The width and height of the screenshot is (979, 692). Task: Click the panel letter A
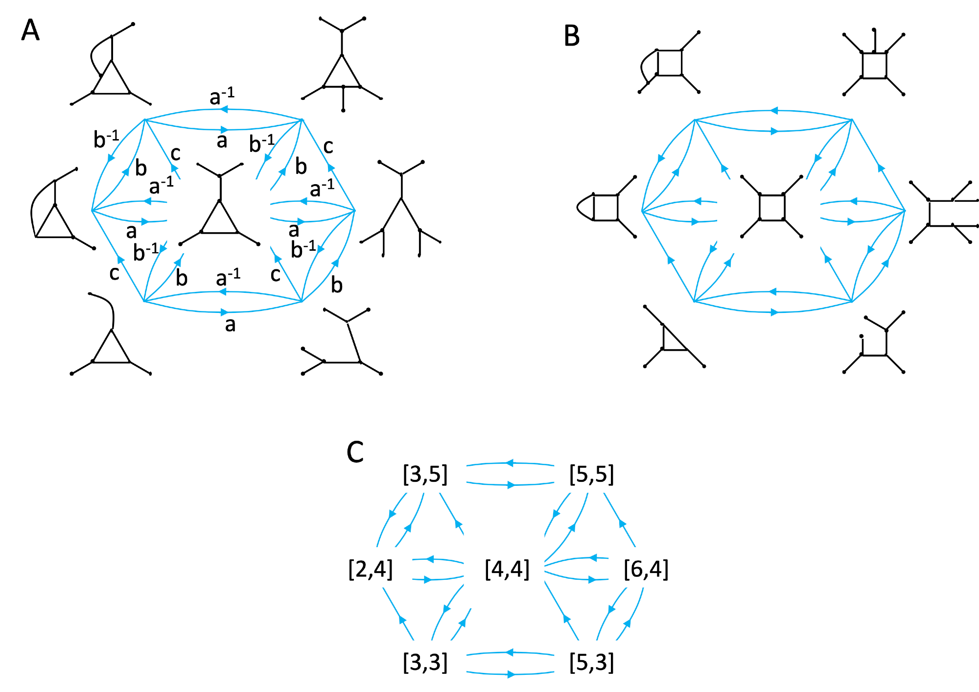click(x=30, y=30)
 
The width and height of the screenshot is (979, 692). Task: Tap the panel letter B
click(x=572, y=36)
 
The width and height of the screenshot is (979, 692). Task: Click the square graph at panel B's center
click(x=772, y=207)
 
